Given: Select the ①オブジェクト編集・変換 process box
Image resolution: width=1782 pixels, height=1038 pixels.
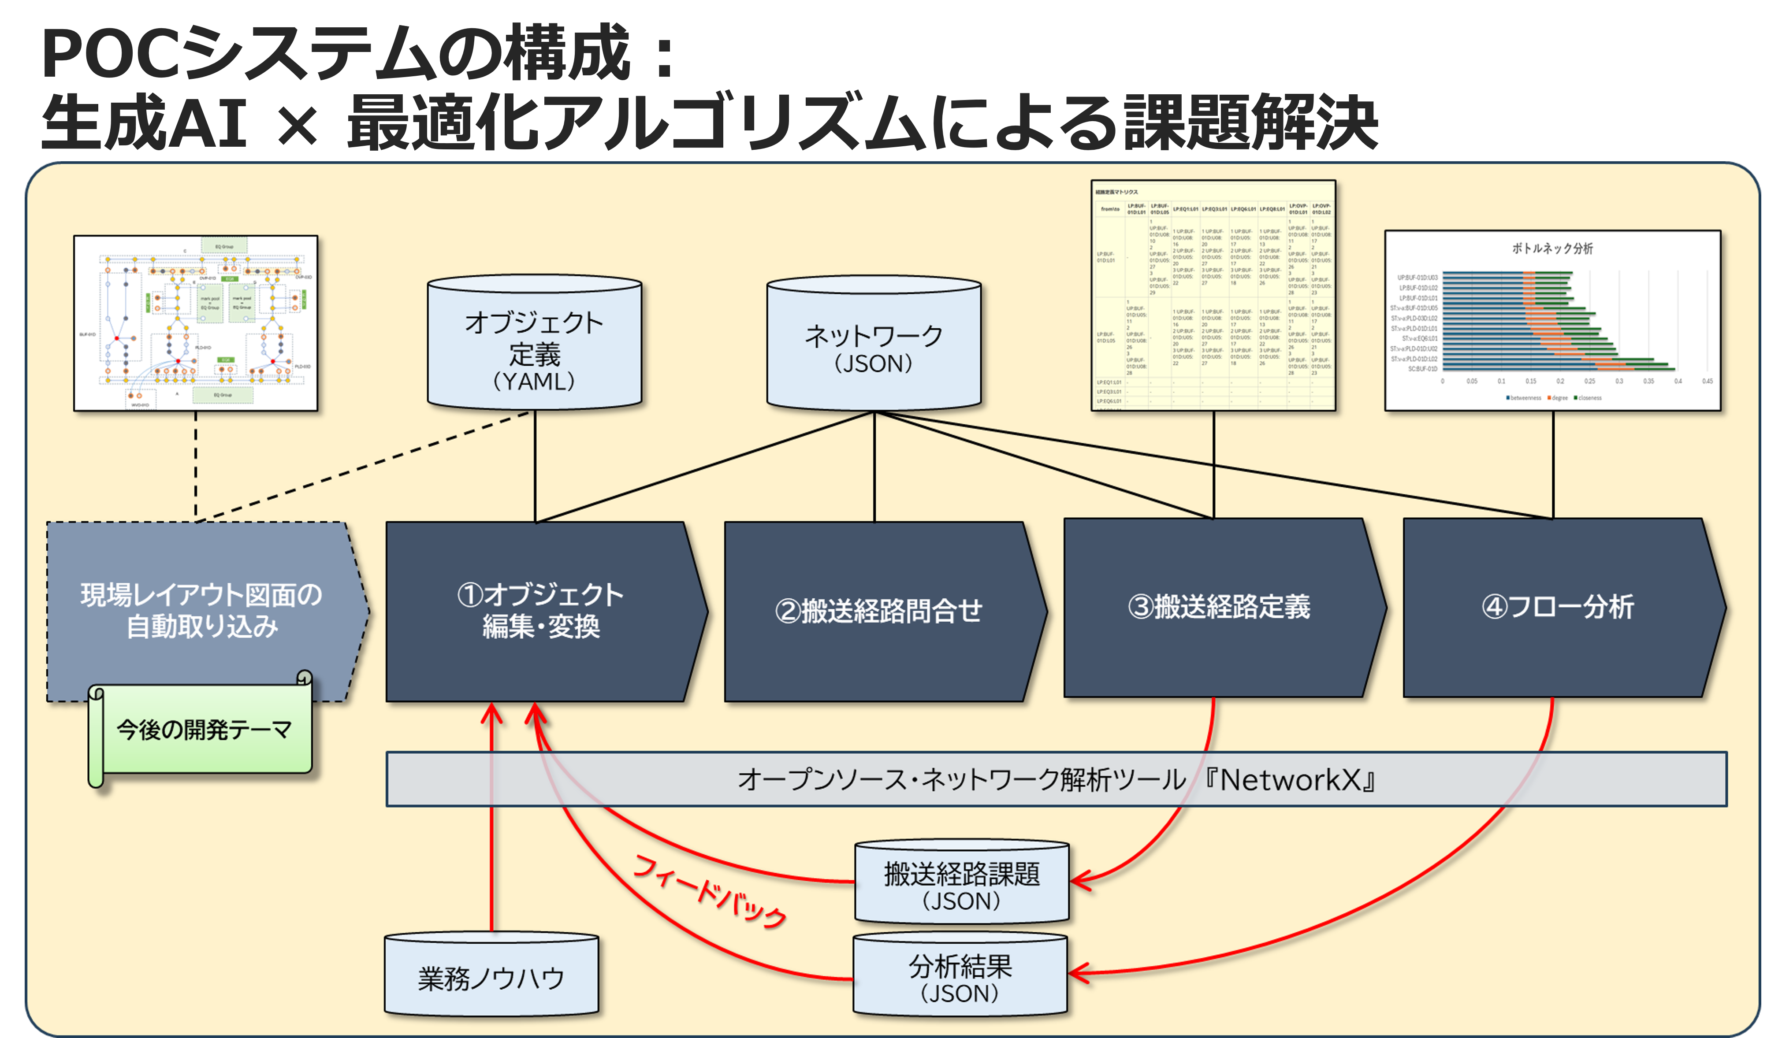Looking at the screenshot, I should [x=541, y=611].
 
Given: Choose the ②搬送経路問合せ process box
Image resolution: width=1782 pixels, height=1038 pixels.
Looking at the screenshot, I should [x=878, y=611].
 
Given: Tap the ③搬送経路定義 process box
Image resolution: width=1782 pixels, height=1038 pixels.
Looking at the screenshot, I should [x=1218, y=608].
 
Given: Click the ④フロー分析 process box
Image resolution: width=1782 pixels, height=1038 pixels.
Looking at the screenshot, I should [x=1557, y=608].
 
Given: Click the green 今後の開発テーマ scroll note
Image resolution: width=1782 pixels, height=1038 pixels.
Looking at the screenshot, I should [x=204, y=730].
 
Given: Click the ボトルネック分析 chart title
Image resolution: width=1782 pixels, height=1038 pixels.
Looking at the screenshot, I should [x=1552, y=248].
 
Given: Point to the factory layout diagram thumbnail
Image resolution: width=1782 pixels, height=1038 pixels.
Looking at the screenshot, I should [x=196, y=323].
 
